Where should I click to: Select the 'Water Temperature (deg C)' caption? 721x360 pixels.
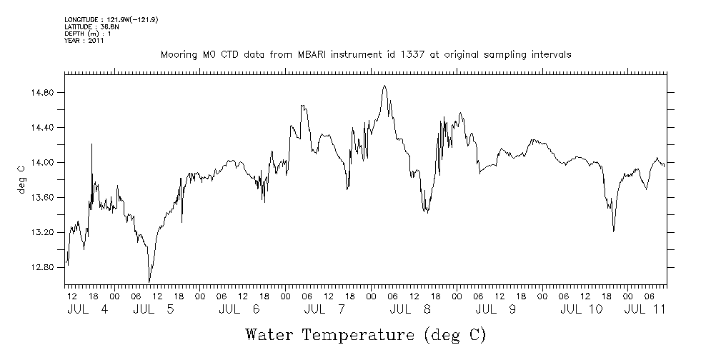pos(366,334)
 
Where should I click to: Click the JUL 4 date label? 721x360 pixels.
pos(88,310)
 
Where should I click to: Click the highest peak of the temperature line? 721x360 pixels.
pos(384,86)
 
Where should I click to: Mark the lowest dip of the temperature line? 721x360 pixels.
pos(149,281)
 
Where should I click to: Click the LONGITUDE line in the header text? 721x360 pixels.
pos(111,19)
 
